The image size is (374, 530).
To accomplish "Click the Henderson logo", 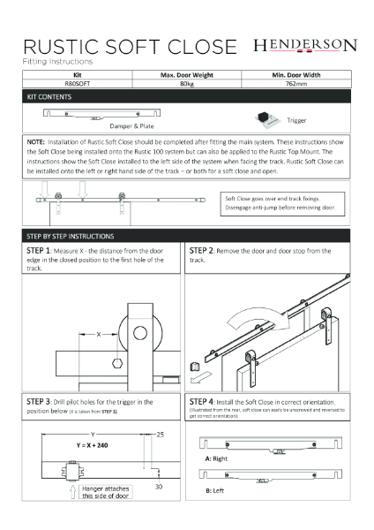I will [x=304, y=45].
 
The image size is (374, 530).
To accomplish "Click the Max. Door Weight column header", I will [x=187, y=77].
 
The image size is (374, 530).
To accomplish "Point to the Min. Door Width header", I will [x=295, y=77].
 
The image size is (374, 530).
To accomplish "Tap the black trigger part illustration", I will [x=263, y=117].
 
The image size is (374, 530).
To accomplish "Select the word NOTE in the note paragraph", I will [x=37, y=140].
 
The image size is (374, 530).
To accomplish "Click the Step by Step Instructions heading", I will [x=78, y=238].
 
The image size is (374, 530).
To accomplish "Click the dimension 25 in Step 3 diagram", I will [x=159, y=435].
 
